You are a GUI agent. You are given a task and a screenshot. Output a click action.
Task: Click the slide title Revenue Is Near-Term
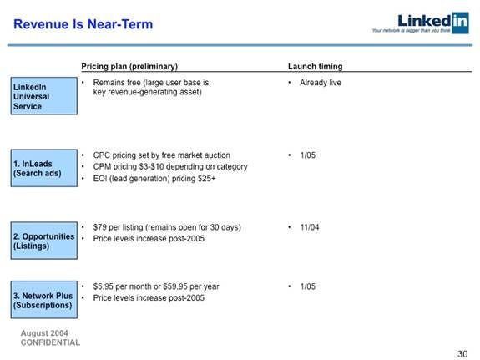[x=83, y=24]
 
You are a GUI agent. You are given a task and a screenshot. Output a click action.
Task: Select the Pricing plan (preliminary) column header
[x=129, y=67]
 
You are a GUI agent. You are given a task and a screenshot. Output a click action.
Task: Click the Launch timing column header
[x=315, y=67]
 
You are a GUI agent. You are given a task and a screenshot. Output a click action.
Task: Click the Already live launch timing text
[x=321, y=83]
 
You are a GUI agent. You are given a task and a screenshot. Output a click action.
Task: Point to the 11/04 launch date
[x=310, y=227]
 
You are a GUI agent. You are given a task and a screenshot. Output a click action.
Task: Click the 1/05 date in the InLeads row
[x=307, y=155]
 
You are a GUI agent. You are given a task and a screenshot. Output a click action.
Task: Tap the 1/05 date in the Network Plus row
[x=307, y=286]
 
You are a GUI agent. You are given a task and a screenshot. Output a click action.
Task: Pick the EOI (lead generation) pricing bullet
[x=154, y=179]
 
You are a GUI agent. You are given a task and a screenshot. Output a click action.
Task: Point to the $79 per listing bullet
[x=167, y=227]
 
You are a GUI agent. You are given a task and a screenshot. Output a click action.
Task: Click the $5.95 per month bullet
[x=156, y=286]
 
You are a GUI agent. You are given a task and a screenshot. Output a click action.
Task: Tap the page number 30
[x=463, y=352]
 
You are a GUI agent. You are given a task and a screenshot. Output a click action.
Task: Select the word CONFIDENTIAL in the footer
[x=50, y=342]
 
